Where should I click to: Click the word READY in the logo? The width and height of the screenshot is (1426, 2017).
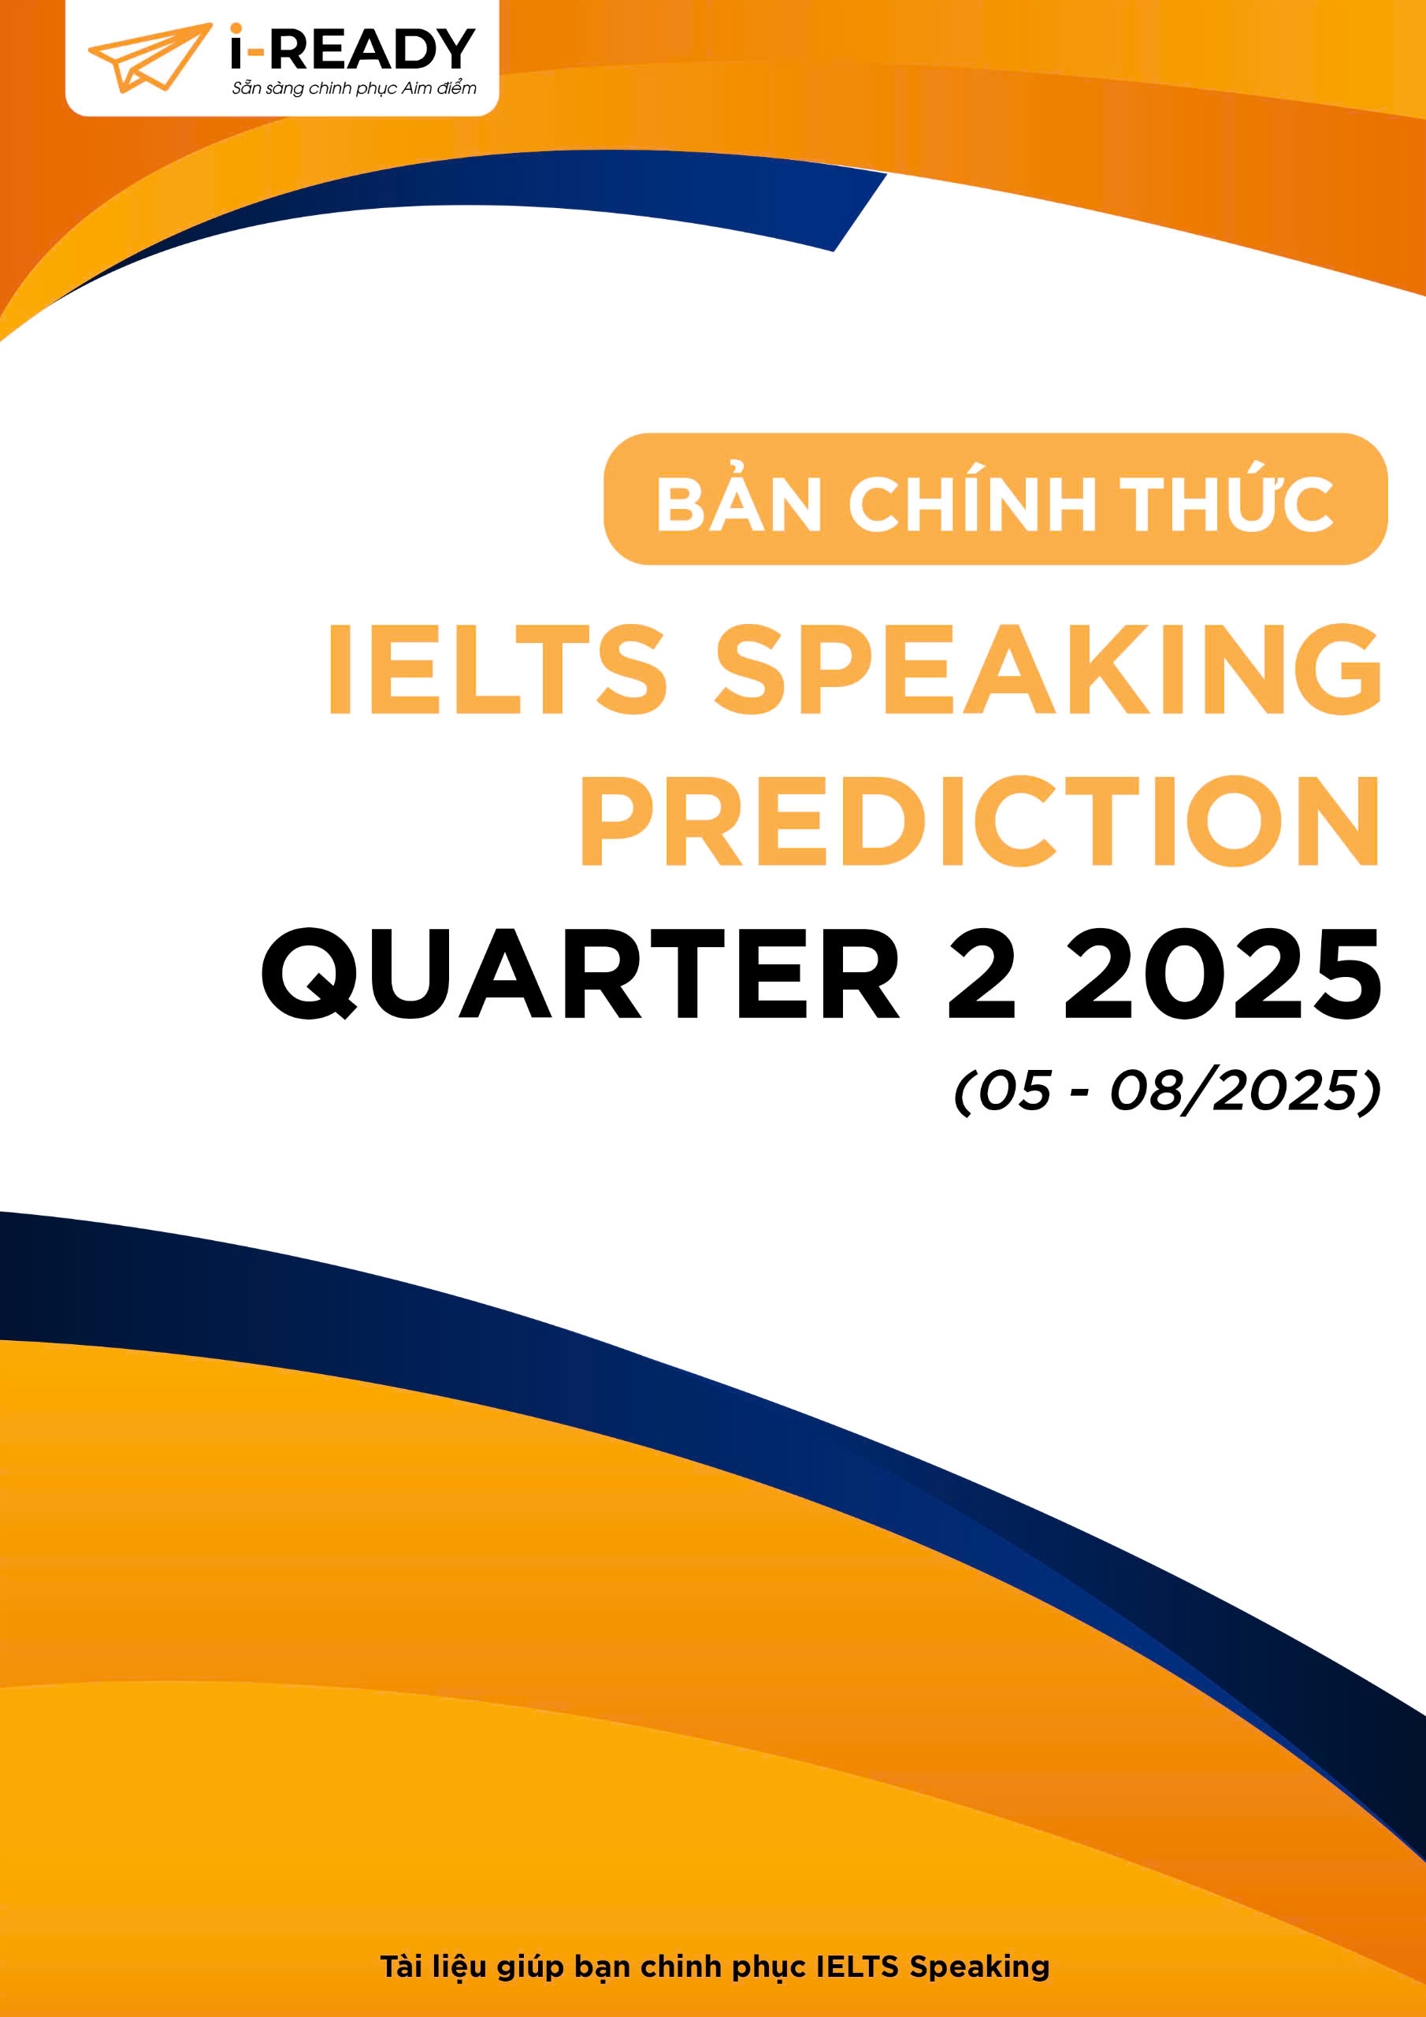[x=372, y=49]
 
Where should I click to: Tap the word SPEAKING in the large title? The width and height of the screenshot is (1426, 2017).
[x=1048, y=669]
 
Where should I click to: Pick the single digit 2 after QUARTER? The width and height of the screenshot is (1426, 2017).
[x=982, y=972]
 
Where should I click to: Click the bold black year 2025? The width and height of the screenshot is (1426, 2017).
[x=1223, y=973]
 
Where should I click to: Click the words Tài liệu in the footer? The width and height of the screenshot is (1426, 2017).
[x=434, y=1966]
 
